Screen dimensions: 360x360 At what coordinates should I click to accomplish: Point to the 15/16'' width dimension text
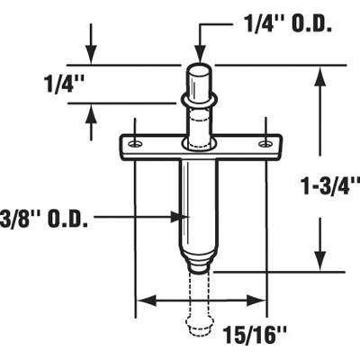270,335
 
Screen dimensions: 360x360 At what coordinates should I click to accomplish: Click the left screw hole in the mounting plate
133,144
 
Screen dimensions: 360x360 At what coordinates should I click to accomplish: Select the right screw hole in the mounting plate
264,144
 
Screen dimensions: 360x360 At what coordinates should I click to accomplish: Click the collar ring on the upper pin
200,96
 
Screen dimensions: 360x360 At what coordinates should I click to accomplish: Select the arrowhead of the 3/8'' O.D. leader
178,216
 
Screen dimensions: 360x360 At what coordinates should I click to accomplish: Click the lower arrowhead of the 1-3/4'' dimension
319,263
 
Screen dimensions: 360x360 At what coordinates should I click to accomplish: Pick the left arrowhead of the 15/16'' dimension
140,301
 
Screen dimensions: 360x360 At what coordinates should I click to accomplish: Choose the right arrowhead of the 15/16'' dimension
261,301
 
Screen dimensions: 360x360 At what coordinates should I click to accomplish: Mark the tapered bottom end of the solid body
199,261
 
